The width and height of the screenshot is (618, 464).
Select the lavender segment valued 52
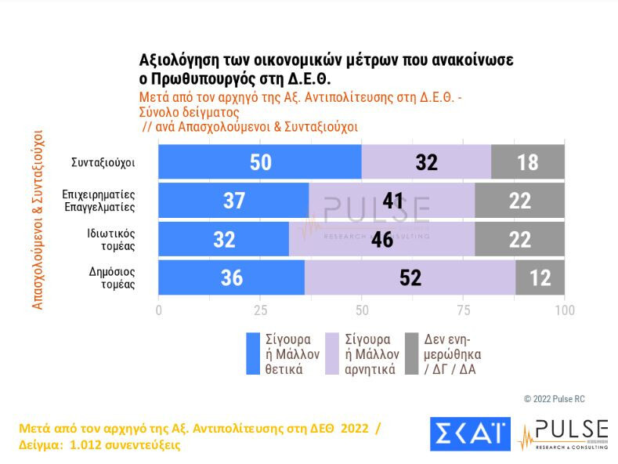coord(410,277)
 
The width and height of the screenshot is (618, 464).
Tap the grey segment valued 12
coord(540,277)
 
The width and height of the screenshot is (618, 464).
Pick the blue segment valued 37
coord(233,201)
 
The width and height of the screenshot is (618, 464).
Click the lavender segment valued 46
coord(381,239)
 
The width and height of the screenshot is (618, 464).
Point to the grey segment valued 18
coord(528,161)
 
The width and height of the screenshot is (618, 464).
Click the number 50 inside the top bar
coord(261,162)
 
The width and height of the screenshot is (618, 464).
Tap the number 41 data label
coord(393,201)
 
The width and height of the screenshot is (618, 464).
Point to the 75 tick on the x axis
coord(463,310)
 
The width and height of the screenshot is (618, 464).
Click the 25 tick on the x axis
coord(260,310)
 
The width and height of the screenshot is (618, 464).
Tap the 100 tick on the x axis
coord(564,310)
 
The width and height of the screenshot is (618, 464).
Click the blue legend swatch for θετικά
coord(253,353)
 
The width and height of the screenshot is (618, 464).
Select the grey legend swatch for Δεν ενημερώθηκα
coord(410,353)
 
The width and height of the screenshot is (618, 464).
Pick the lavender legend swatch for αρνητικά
coord(331,353)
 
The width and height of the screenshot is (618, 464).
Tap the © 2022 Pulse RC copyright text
coord(554,399)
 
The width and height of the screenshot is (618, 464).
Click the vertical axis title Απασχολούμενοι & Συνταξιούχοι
coord(38,219)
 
